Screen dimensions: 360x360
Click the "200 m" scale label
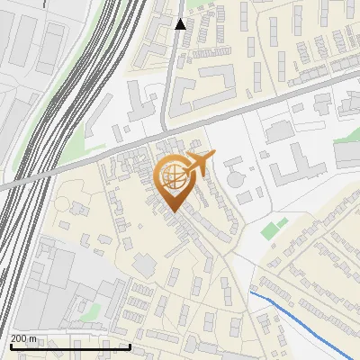click(x=23, y=338)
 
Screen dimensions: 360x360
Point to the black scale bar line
click(x=70, y=346)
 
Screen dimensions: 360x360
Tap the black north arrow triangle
click(x=181, y=24)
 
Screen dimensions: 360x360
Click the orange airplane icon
click(x=201, y=164)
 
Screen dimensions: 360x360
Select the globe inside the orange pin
click(x=172, y=178)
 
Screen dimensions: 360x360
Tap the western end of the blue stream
click(x=251, y=292)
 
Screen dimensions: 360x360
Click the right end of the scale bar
click(x=130, y=346)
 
